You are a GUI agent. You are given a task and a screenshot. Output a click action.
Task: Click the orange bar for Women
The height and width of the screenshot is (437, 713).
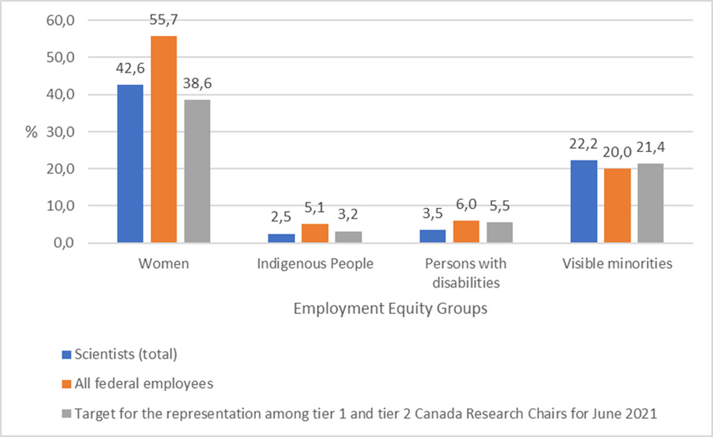click(x=164, y=139)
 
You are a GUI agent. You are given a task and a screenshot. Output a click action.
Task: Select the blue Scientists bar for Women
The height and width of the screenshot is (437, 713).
click(x=130, y=163)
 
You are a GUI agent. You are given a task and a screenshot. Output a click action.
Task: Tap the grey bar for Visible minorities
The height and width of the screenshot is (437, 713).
click(x=650, y=203)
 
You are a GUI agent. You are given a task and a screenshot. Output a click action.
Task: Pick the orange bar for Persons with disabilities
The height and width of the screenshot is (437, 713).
click(x=466, y=231)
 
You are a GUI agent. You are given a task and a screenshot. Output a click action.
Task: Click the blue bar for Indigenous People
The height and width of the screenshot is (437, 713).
click(x=281, y=238)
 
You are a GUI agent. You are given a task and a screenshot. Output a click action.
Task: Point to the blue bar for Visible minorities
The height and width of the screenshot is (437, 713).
click(x=584, y=201)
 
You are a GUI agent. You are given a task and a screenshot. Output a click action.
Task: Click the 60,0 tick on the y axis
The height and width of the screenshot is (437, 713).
click(x=61, y=21)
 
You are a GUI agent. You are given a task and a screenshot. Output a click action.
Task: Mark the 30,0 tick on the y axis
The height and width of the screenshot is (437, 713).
click(x=61, y=132)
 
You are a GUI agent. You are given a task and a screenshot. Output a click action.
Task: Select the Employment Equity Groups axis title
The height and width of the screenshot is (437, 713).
click(x=390, y=309)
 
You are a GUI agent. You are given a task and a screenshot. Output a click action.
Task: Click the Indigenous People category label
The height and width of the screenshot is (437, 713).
click(x=315, y=264)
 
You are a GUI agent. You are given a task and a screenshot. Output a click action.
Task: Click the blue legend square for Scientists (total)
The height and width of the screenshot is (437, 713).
click(x=67, y=354)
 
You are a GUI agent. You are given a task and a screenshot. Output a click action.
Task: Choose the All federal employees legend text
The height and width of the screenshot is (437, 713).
click(x=144, y=384)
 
